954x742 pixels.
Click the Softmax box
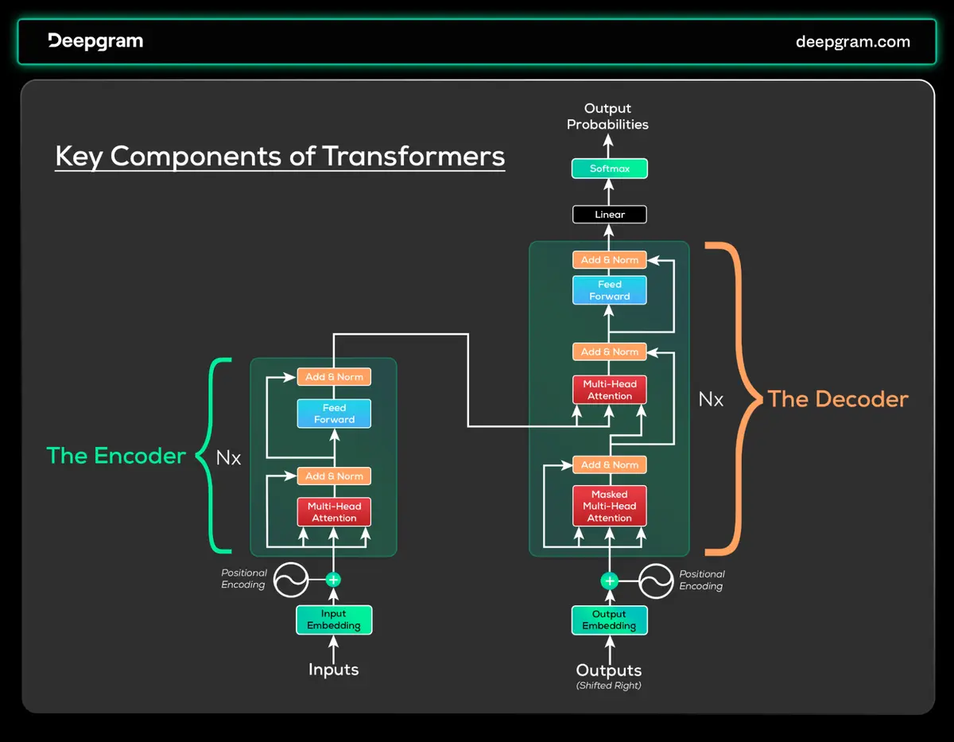610,169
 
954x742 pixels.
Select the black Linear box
610,215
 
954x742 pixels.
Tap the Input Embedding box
334,620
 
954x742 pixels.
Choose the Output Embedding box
610,620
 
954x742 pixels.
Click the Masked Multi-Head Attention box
610,506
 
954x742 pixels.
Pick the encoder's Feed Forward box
334,414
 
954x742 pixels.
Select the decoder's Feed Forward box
610,290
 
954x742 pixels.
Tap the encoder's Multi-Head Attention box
334,512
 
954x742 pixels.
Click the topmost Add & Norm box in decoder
610,260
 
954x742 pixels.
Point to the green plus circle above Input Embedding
334,581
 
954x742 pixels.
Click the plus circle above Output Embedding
610,581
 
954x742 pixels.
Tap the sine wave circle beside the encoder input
291,581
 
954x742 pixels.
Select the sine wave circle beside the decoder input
656,581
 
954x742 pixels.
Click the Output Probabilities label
608,117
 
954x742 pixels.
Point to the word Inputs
334,670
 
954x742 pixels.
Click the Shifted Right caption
609,686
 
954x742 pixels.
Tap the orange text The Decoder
838,399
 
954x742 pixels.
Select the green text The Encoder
116,456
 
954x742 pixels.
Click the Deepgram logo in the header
95,41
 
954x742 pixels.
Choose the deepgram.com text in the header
853,42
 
